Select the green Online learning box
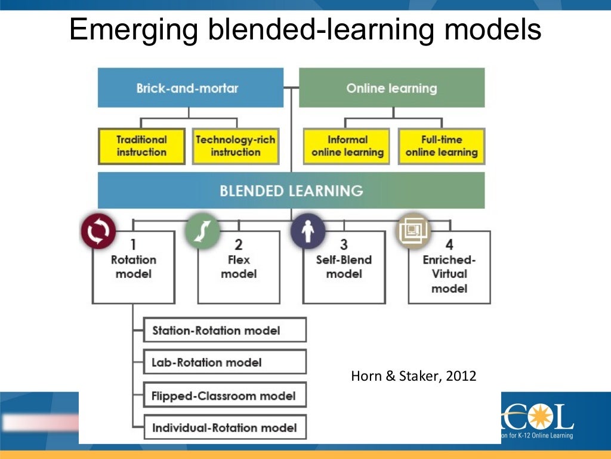[391, 88]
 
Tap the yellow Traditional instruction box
[142, 146]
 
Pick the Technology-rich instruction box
[236, 146]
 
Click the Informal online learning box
[347, 146]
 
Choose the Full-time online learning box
[442, 146]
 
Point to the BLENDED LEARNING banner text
[291, 191]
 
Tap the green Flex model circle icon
[202, 231]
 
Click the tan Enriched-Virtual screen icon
[413, 231]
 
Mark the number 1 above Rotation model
[134, 244]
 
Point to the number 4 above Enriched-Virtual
[449, 244]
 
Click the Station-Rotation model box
[225, 330]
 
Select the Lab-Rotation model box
[225, 362]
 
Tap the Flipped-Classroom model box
[225, 395]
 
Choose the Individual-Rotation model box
[225, 427]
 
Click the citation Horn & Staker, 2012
[413, 376]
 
